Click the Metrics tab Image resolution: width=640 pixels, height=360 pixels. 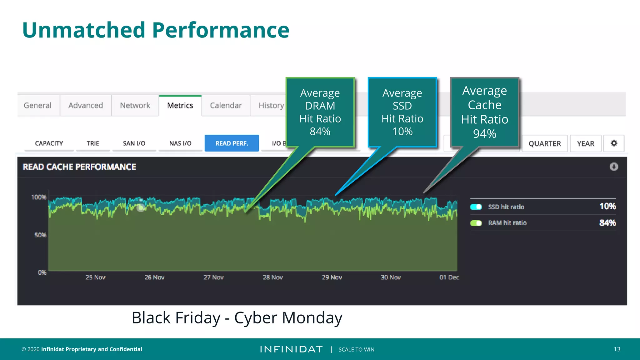point(180,106)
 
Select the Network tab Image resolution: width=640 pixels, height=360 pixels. point(135,106)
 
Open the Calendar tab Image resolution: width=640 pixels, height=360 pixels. point(226,106)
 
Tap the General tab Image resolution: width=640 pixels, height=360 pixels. point(37,106)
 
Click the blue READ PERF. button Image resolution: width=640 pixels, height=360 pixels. point(232,143)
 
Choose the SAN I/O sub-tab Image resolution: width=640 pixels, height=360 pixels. point(134,143)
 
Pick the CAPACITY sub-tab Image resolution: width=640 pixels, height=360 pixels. point(49,143)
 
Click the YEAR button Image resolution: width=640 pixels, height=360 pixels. point(585,144)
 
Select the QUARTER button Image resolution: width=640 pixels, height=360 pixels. point(544,144)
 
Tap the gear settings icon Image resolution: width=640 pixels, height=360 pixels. point(614,143)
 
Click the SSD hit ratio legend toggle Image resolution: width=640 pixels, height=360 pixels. point(476,207)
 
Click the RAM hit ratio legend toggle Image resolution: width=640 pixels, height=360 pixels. point(476,223)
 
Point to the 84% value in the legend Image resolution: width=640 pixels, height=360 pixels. point(607,223)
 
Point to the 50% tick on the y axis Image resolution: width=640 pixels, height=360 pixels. point(40,235)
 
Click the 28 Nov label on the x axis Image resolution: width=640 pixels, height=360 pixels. point(272,277)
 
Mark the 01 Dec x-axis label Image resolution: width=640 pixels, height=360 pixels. point(449,277)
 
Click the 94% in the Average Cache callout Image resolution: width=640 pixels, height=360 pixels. point(484,134)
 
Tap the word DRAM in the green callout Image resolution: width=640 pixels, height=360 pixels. point(320,106)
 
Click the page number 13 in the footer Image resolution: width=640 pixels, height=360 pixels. point(617,349)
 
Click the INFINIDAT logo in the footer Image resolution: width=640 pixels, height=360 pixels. point(291,349)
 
